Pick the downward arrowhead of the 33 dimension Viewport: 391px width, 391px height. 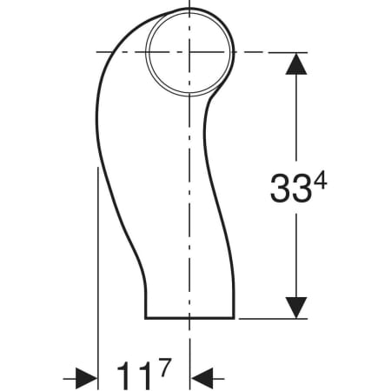pyautogui.click(x=297, y=307)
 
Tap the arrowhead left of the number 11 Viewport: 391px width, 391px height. pyautogui.click(x=85, y=377)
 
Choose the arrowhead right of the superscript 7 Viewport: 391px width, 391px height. pyautogui.click(x=202, y=377)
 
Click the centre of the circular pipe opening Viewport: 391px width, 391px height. pyautogui.click(x=189, y=52)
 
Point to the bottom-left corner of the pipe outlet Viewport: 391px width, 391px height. pyautogui.click(x=144, y=318)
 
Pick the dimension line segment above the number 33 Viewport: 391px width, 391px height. pyautogui.click(x=297, y=122)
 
